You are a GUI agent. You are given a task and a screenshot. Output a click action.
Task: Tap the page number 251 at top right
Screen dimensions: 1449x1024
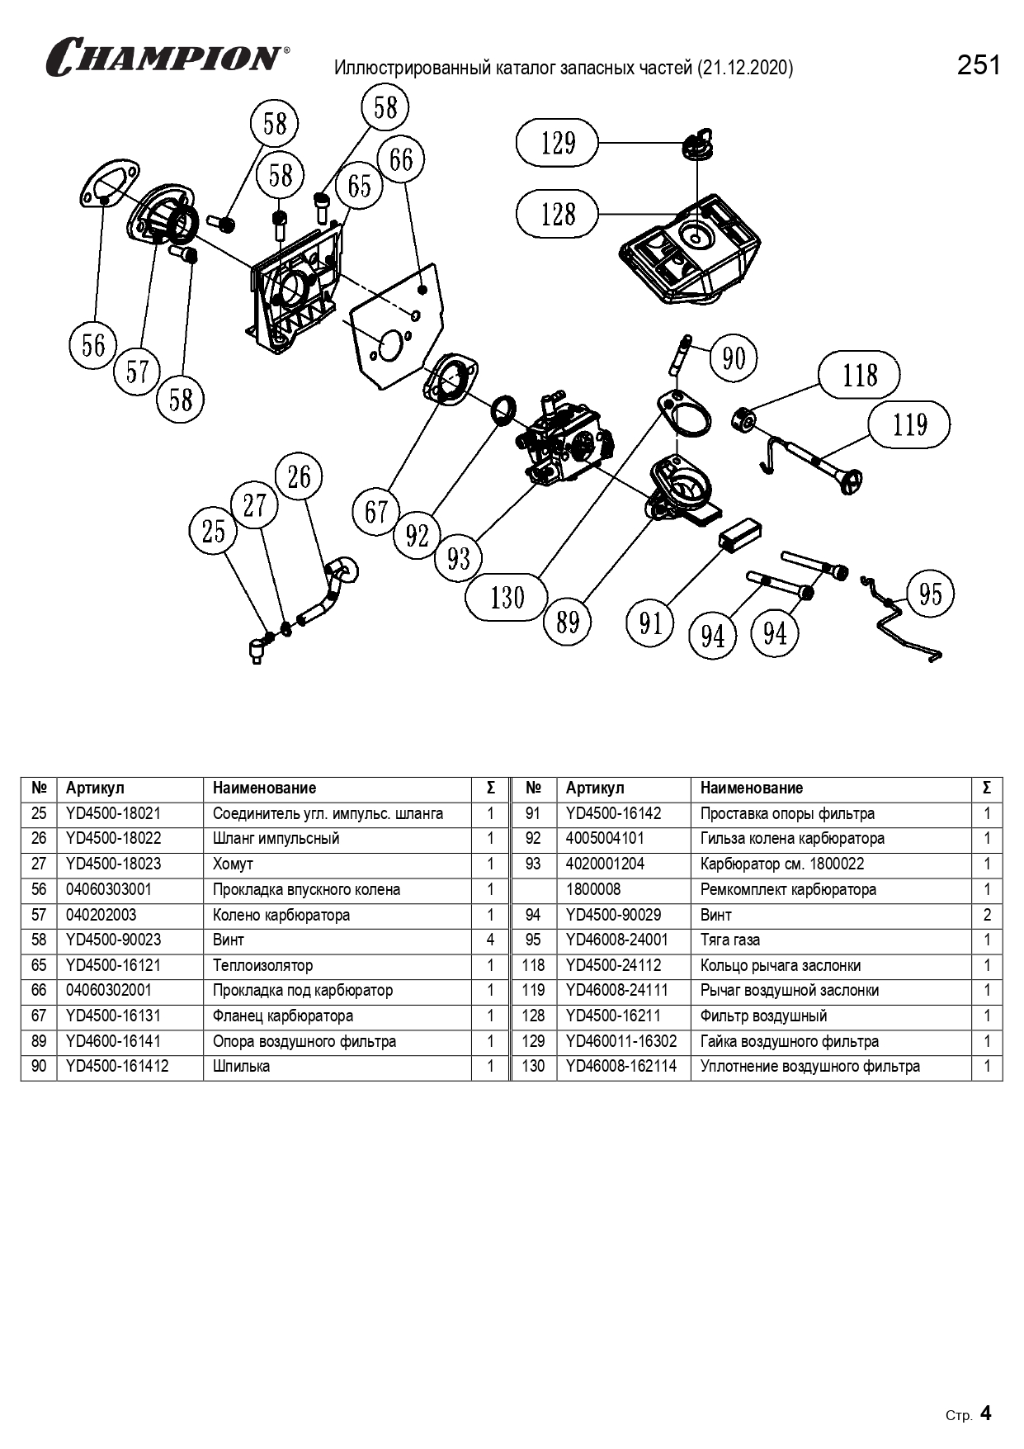[x=979, y=65]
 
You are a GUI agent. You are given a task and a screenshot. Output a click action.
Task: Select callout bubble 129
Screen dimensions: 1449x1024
[x=558, y=143]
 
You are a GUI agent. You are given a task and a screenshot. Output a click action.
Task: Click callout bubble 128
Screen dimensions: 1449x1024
[x=558, y=214]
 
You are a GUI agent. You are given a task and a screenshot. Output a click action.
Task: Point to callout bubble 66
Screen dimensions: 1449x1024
[x=401, y=159]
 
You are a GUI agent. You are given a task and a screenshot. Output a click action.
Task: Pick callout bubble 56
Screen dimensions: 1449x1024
[x=93, y=344]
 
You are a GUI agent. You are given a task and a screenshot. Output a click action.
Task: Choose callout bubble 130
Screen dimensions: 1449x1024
[x=507, y=596]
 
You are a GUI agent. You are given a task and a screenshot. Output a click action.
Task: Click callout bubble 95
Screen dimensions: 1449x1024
[x=930, y=593]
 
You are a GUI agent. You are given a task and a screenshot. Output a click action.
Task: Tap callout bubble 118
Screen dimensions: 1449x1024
[x=859, y=376]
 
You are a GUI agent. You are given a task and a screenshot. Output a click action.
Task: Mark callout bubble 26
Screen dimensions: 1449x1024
[x=299, y=476]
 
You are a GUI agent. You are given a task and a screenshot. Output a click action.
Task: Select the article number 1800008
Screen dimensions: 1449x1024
[x=593, y=889]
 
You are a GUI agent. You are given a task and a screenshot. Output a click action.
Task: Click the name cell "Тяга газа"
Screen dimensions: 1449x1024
[x=730, y=940]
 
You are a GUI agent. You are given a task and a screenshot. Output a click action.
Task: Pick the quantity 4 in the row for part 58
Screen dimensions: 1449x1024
[x=490, y=940]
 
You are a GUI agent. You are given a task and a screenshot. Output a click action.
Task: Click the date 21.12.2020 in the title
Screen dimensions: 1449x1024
[x=745, y=68]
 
